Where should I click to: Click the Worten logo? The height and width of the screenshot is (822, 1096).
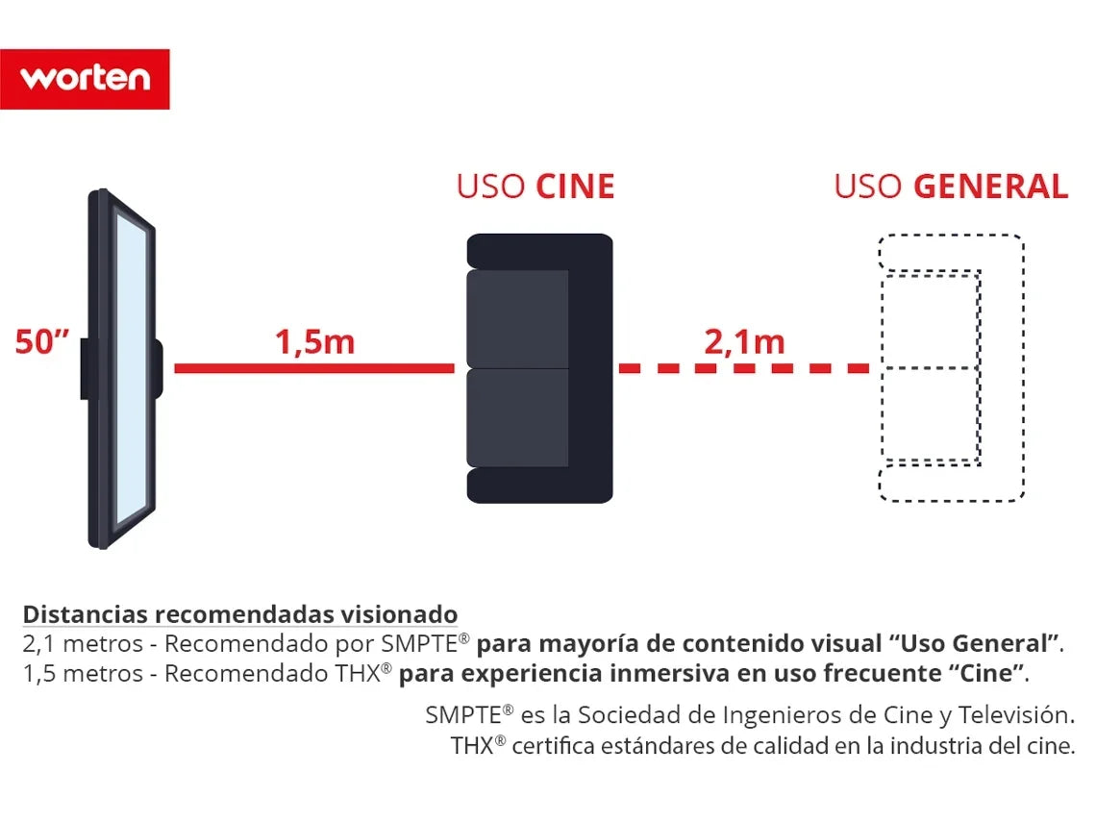[x=85, y=79]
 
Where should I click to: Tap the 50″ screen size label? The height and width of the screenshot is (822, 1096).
[x=42, y=342]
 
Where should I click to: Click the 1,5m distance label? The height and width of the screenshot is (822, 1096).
[x=314, y=342]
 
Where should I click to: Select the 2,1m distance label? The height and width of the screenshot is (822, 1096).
[x=744, y=342]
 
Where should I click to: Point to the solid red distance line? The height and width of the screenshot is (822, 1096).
[x=314, y=368]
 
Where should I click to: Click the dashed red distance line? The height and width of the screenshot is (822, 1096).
[x=744, y=368]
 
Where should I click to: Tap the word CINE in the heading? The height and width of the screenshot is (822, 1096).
[x=575, y=187]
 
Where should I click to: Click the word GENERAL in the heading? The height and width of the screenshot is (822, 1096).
[x=991, y=187]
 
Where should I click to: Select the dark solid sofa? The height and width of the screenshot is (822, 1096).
[x=539, y=368]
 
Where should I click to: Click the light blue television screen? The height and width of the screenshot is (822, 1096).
[x=132, y=369]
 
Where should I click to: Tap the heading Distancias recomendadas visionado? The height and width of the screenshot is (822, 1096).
[x=240, y=614]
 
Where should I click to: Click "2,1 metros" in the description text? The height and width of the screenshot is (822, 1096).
[x=83, y=644]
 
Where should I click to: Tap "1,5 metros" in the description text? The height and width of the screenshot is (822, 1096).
[x=83, y=674]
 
